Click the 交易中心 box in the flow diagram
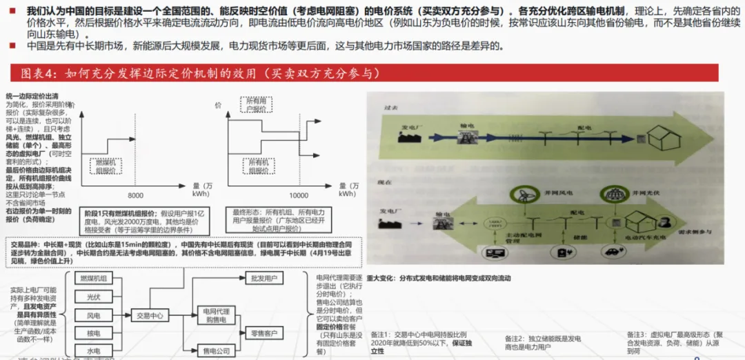(150, 315)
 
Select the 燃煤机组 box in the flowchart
(93, 279)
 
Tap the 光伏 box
(93, 297)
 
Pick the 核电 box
(93, 333)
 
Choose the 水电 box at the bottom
(93, 350)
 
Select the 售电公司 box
(216, 351)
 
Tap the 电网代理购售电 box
(216, 315)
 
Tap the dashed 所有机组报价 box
(257, 166)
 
